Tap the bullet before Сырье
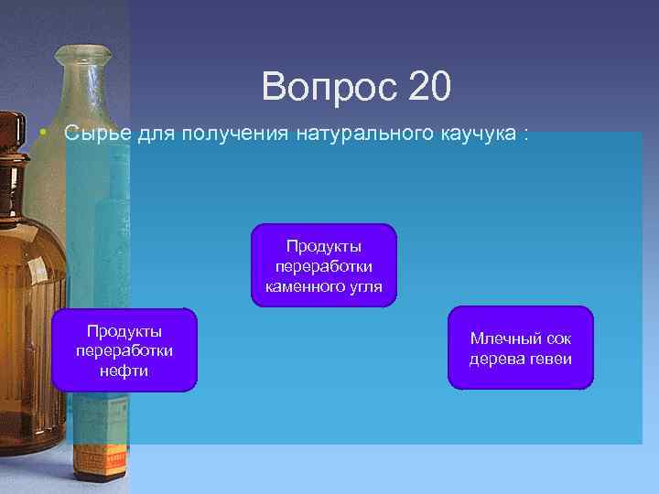click(x=43, y=134)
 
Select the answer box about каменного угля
click(x=324, y=264)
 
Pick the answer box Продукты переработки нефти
click(x=124, y=350)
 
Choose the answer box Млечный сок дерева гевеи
click(x=520, y=348)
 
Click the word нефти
click(x=124, y=370)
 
